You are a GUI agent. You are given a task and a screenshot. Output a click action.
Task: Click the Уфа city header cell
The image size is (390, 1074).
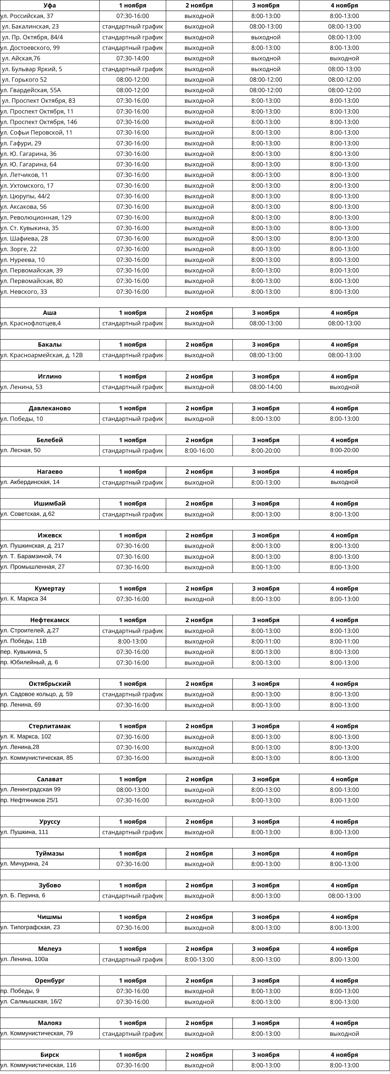point(50,6)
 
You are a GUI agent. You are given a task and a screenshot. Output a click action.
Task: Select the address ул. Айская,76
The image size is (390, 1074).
point(21,58)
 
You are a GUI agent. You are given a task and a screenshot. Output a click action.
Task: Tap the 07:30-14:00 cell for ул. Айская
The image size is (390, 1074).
point(132,58)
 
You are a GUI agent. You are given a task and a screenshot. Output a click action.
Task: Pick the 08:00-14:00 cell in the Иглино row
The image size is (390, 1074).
point(266,387)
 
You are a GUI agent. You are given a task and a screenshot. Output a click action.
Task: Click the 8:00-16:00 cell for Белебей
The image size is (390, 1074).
point(199,451)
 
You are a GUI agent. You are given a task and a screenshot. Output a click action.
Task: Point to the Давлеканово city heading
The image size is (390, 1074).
point(50,408)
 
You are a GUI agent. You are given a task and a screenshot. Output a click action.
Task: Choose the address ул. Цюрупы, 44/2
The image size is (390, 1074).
point(25,196)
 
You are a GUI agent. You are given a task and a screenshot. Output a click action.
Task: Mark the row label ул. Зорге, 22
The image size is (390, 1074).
point(19,249)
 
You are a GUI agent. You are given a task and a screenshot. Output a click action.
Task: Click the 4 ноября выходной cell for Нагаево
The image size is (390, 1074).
point(344,482)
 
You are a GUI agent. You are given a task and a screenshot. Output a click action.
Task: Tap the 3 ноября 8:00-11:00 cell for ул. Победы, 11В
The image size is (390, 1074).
point(266,642)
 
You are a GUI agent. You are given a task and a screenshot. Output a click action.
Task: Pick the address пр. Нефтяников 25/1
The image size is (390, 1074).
point(30,800)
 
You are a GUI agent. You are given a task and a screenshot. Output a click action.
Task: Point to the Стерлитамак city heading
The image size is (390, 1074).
point(50,726)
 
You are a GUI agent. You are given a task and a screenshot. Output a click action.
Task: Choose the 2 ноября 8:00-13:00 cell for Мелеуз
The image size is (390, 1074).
point(199,959)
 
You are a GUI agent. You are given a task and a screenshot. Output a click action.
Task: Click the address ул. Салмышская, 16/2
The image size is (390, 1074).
point(31,1001)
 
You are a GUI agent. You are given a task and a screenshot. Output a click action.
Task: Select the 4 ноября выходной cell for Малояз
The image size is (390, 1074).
point(344,1034)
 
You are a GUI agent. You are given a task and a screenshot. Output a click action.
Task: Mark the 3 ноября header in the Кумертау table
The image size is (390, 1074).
point(266,589)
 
